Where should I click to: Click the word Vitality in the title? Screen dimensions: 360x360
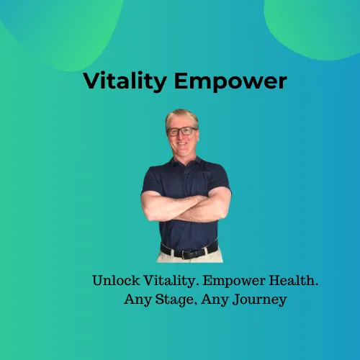125,81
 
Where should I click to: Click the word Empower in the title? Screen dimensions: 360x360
230,81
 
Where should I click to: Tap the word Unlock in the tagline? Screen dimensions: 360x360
116,280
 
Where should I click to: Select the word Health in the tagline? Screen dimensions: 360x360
293,280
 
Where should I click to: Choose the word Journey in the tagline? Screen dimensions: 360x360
259,300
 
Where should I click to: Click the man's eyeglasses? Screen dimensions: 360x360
181,132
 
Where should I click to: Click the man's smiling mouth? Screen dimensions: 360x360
182,144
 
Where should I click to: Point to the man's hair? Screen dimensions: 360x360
181,117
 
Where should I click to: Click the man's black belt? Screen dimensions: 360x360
189,251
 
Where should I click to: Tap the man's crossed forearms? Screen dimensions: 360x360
186,207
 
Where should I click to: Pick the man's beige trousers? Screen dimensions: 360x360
189,257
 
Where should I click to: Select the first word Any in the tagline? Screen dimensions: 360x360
138,300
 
